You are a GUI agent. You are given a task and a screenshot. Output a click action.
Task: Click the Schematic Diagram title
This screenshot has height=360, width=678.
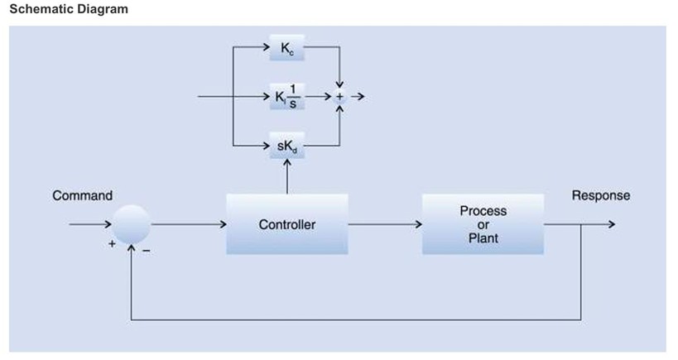(65, 9)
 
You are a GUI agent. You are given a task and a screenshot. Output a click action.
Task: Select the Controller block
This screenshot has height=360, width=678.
(286, 224)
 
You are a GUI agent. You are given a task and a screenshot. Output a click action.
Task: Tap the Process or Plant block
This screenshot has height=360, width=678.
(483, 224)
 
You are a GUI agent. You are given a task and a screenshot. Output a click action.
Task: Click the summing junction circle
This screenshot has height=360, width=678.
(132, 224)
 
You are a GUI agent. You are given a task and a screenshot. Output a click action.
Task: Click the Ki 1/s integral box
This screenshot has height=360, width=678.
(287, 97)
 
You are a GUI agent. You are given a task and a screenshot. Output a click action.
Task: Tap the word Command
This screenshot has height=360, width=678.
(82, 196)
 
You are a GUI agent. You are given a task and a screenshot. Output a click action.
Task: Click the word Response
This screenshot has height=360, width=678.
(600, 196)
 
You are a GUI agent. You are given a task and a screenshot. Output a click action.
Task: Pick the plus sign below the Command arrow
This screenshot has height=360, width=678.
(109, 246)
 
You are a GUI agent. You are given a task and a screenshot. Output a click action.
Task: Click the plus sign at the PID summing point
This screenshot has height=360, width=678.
(339, 97)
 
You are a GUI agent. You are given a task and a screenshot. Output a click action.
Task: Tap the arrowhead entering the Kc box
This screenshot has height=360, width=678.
(266, 46)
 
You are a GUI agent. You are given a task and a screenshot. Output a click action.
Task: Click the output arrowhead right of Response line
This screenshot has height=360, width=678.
(611, 224)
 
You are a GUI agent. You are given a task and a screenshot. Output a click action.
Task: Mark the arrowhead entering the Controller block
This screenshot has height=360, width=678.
(224, 224)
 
